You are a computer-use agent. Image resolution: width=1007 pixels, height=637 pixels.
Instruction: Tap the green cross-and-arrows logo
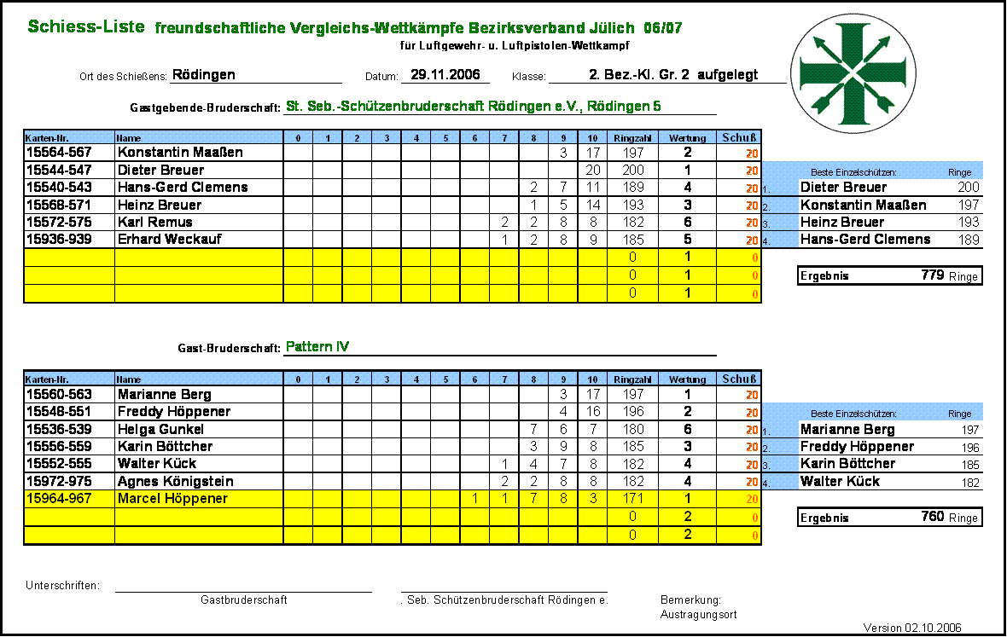853,73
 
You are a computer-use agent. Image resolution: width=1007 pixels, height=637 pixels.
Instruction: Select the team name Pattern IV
317,347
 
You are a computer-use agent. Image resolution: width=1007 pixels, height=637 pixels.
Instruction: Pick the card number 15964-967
60,499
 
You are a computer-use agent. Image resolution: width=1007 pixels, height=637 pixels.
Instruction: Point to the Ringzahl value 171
632,499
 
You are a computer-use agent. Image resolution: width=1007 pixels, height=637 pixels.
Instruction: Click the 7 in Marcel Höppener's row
533,499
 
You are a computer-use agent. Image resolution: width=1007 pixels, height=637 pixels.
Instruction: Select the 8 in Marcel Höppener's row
563,499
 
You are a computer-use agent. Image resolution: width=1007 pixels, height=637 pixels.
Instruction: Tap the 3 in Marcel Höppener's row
592,499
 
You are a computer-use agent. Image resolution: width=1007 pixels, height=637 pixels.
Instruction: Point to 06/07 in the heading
663,28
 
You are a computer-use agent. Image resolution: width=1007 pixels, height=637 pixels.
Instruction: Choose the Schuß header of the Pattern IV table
738,379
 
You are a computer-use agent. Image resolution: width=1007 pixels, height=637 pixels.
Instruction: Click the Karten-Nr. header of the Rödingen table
46,137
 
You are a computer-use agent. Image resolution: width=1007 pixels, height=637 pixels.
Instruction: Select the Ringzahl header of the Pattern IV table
632,379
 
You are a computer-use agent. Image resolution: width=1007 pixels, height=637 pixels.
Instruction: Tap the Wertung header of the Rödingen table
687,137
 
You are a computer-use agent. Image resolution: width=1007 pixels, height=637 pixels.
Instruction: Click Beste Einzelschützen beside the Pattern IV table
853,414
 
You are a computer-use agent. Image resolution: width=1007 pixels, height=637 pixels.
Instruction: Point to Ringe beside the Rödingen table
959,172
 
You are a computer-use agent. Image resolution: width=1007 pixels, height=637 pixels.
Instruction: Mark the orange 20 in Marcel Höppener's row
752,499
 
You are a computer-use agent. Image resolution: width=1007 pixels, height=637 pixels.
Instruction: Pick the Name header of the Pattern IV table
129,379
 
